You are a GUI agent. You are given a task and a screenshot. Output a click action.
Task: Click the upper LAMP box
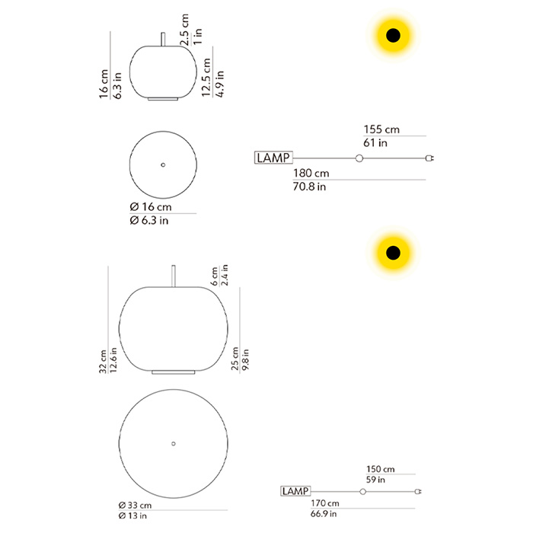point(273,158)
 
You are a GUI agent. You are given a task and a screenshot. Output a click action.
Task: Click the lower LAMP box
point(295,491)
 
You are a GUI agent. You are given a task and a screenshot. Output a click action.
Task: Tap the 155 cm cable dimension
point(381,129)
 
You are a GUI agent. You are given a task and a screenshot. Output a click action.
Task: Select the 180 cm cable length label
point(311,174)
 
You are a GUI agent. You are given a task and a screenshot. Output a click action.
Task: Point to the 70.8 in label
point(309,187)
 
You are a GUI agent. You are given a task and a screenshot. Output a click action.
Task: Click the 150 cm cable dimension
point(381,469)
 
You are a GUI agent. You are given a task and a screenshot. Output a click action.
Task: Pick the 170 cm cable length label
point(324,503)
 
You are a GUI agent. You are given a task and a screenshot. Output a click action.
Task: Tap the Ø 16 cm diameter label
point(151,206)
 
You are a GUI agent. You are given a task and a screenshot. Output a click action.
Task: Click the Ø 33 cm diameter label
point(135,506)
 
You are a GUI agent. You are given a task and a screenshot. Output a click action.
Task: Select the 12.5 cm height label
point(206,77)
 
